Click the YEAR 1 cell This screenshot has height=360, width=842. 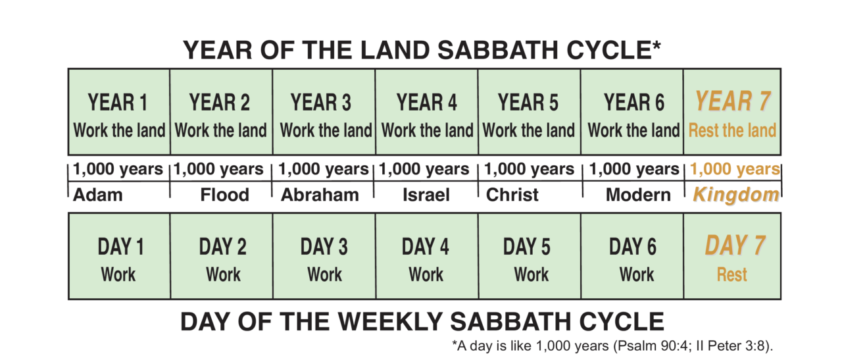click(118, 112)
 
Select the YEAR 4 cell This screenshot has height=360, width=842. click(426, 112)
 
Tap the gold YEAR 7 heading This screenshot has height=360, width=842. click(733, 101)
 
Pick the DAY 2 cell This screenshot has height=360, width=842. click(223, 257)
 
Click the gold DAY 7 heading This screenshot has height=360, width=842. click(735, 245)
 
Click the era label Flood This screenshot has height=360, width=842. click(225, 195)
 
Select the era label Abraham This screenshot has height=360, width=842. click(320, 195)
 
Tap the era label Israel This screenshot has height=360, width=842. click(426, 195)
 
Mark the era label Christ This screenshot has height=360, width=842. click(512, 195)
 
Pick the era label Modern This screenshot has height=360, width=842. click(638, 195)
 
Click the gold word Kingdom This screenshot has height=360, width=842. click(736, 195)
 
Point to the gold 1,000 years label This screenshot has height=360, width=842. click(735, 169)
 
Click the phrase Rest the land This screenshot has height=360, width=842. click(732, 130)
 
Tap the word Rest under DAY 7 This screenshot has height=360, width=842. click(732, 274)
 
